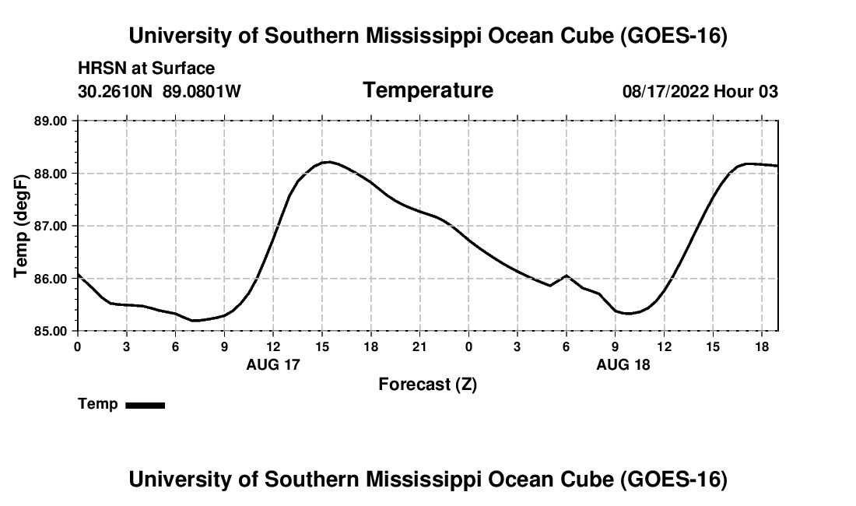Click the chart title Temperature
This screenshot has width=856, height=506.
(x=428, y=90)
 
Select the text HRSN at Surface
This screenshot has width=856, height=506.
(x=146, y=69)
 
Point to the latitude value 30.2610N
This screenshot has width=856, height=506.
(x=115, y=91)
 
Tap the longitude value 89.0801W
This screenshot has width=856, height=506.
(x=202, y=91)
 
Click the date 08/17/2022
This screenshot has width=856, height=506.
(x=665, y=91)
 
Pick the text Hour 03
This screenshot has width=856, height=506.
(x=745, y=91)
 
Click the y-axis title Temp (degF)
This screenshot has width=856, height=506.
(x=21, y=226)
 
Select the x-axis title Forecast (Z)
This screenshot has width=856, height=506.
(x=428, y=385)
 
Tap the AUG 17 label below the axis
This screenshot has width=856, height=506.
(x=273, y=364)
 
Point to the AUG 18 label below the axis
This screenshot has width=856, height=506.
(x=623, y=364)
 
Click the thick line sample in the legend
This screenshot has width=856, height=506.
(x=146, y=405)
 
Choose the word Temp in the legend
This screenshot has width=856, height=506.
(x=98, y=404)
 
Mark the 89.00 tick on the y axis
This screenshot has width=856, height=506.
(x=51, y=121)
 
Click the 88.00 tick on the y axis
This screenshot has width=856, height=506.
(x=51, y=174)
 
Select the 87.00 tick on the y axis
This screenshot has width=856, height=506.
(x=51, y=226)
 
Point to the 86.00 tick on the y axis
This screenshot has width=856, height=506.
(x=51, y=279)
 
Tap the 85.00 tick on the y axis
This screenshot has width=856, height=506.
(x=51, y=331)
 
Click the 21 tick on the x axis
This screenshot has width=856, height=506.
(x=419, y=347)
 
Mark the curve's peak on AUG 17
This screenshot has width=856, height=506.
(x=328, y=162)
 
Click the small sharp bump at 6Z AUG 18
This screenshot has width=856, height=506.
(x=566, y=276)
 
